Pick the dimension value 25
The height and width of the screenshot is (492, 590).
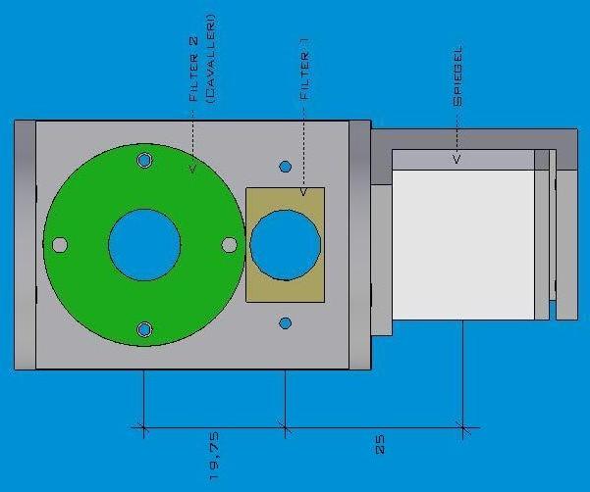point(380,443)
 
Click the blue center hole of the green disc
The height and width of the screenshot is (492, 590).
point(144,245)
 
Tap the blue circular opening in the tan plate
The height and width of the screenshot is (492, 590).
point(285,244)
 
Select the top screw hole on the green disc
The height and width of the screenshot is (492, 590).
point(144,160)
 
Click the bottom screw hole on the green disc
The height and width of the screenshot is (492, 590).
point(144,330)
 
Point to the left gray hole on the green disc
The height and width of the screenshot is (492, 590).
point(59,245)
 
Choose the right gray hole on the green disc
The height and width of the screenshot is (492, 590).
point(230,244)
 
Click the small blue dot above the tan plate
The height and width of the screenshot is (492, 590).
point(286,167)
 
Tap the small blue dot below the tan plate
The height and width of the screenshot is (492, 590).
point(286,323)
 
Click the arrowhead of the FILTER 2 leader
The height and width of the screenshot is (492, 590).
point(192,168)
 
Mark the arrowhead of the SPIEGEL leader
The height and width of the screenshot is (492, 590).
point(456,158)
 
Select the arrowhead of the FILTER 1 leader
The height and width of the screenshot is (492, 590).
point(304,192)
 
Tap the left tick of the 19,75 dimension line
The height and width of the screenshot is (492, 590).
point(144,427)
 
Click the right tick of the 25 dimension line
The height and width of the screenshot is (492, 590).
point(462,427)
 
